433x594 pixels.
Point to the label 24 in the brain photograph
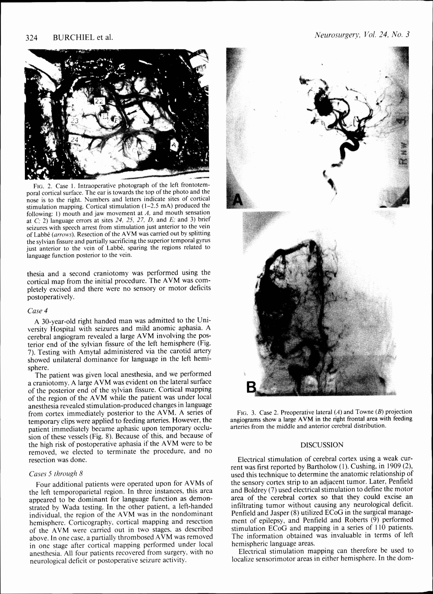pos(74,139)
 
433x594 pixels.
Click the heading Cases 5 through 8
pos(56,474)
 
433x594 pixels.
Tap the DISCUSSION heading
pos(322,445)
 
